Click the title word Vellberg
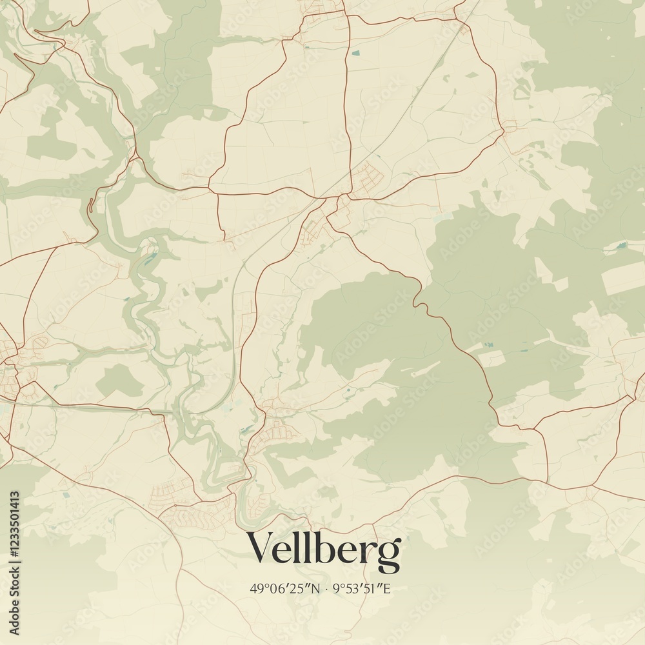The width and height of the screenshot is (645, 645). pyautogui.click(x=324, y=549)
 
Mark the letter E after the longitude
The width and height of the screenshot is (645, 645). pyautogui.click(x=387, y=588)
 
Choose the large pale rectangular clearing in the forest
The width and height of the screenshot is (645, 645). pyautogui.click(x=622, y=277)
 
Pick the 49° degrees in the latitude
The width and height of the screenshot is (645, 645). pyautogui.click(x=258, y=588)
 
